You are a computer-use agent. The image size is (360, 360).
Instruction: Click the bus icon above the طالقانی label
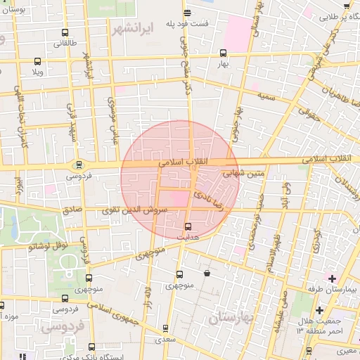[x=65, y=32]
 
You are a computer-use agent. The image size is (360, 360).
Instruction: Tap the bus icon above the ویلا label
[x=37, y=61]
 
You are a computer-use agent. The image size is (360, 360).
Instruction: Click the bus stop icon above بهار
[x=224, y=53]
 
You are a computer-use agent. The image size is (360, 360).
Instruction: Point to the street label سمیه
[x=264, y=94]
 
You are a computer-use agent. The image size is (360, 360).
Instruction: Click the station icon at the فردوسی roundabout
[x=77, y=166]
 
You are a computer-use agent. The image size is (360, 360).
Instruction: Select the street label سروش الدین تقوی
[x=136, y=210]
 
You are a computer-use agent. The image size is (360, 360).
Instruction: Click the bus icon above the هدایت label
[x=188, y=226]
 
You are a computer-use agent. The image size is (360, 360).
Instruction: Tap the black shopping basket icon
[x=207, y=273]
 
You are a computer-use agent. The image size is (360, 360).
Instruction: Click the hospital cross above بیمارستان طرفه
[x=332, y=278]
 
